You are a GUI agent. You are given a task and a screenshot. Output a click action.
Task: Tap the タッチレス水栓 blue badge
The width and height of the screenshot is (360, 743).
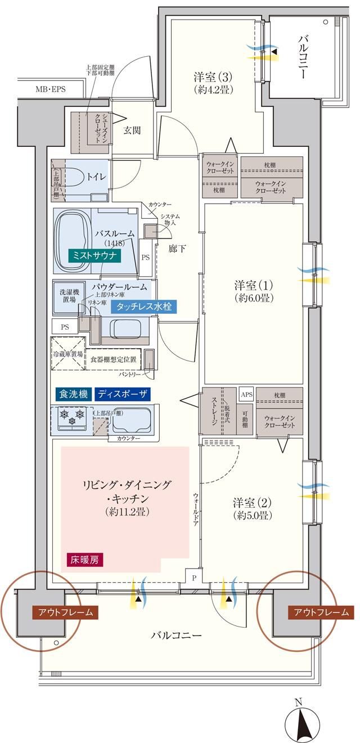click(144, 307)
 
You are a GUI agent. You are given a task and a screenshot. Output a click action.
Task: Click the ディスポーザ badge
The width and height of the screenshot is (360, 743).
click(122, 394)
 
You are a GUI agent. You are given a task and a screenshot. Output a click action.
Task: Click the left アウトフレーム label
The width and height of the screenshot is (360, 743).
click(65, 613)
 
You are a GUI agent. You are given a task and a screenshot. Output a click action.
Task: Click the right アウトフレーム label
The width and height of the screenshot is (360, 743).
click(321, 613)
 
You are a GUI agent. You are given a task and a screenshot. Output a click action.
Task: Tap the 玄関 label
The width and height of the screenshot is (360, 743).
click(132, 130)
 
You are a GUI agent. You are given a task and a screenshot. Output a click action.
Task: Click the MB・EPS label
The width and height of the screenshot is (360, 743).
click(51, 89)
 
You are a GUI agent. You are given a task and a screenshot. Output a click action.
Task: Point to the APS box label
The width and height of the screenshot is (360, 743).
click(246, 394)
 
